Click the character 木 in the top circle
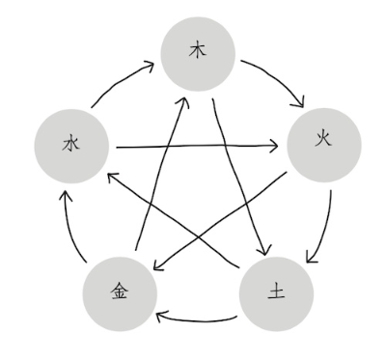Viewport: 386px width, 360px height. (x=198, y=51)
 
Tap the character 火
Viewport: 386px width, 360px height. (x=323, y=140)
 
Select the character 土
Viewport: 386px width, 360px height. (x=276, y=291)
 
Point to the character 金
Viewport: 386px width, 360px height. (x=120, y=291)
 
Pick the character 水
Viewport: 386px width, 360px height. (x=70, y=144)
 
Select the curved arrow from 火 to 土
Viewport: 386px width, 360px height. (x=325, y=230)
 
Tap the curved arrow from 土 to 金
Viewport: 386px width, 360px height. (x=195, y=320)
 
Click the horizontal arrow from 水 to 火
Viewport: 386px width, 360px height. (x=197, y=147)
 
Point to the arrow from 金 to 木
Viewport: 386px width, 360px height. (x=160, y=174)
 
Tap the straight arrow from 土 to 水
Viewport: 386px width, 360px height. (x=174, y=219)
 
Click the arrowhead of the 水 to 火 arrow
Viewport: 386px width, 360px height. (x=274, y=146)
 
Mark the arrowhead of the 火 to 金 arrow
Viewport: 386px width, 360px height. (x=157, y=266)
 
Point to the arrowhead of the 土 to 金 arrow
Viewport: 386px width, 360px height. (x=159, y=316)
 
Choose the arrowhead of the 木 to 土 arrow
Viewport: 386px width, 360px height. (x=265, y=250)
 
